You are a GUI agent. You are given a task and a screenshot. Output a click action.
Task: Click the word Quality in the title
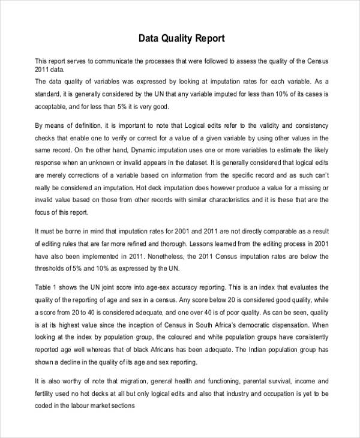click(x=175, y=39)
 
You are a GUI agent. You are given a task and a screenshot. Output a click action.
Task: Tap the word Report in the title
click(x=209, y=39)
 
